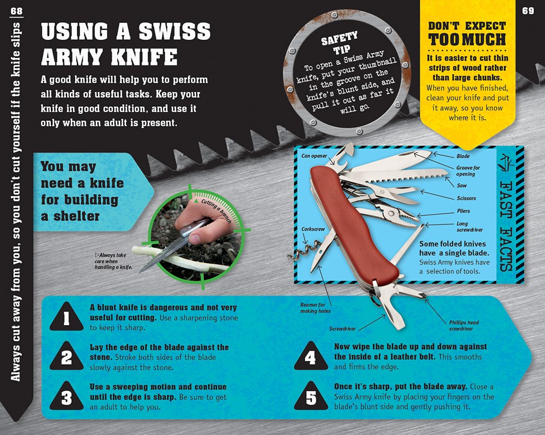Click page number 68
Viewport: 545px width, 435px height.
pos(16,11)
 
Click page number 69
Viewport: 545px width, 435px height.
pos(528,11)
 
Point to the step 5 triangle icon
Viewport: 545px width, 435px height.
pos(310,398)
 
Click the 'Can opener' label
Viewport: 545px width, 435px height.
pos(314,156)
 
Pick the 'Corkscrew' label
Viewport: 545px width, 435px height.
pos(313,229)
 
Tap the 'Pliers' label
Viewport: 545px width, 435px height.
pos(463,211)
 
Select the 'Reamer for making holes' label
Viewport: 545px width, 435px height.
pos(315,308)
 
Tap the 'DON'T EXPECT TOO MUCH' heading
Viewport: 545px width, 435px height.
pos(467,34)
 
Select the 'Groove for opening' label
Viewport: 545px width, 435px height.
pos(468,171)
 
